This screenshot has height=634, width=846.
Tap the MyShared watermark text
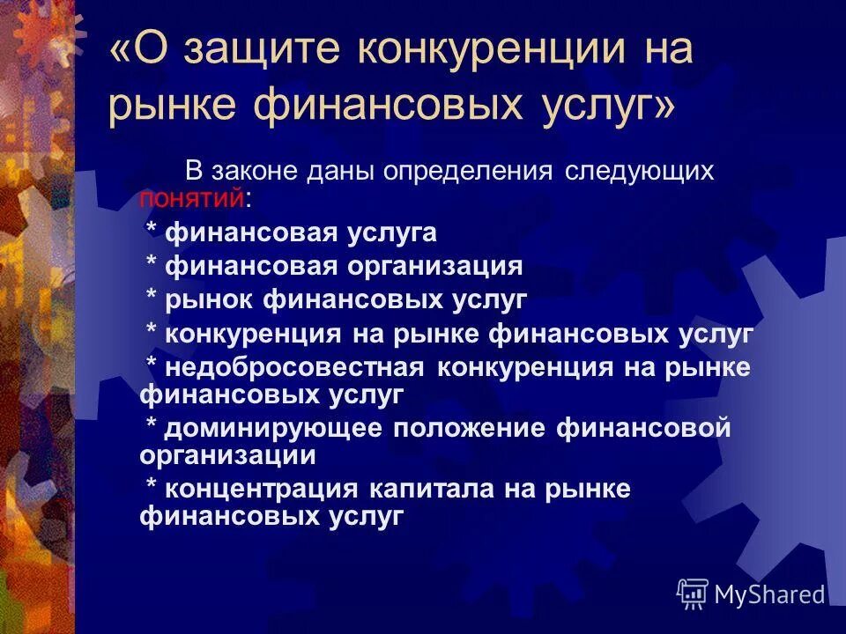coord(769,595)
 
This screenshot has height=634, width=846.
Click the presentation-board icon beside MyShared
coord(693,594)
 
